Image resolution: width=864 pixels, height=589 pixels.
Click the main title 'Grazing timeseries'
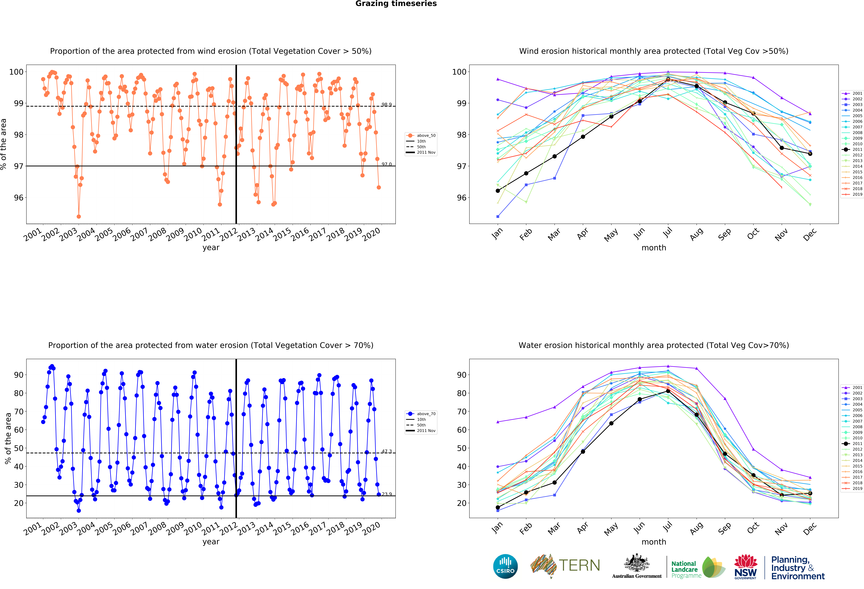(x=396, y=4)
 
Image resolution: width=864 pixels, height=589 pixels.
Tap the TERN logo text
(x=579, y=566)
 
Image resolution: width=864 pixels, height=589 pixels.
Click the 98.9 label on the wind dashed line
(x=386, y=105)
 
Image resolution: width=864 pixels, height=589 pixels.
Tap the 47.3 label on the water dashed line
(x=386, y=451)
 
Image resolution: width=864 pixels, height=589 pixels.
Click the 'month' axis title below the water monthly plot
(x=654, y=542)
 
